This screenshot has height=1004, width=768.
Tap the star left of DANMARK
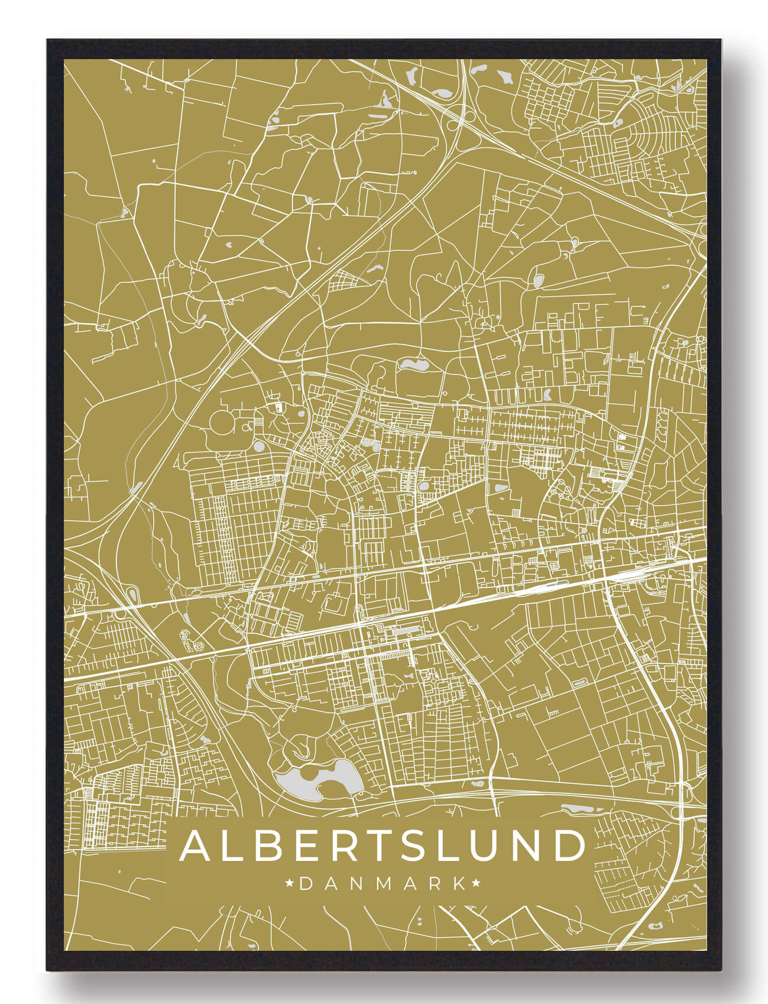(x=290, y=884)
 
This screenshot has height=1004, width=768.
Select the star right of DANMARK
(x=477, y=884)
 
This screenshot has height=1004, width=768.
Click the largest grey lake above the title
(x=319, y=780)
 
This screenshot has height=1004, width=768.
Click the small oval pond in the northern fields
(x=537, y=281)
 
